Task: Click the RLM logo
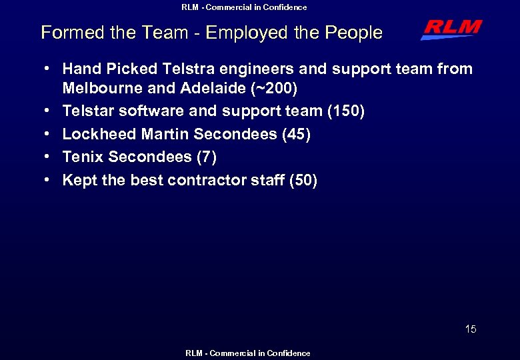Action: pos(451,29)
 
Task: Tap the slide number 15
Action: pos(471,329)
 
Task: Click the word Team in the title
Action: pos(154,33)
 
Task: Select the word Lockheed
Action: pos(99,134)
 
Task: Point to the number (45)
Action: pos(296,134)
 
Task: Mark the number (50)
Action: pos(303,180)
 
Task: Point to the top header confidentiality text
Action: pos(244,7)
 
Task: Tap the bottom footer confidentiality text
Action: pos(247,353)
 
